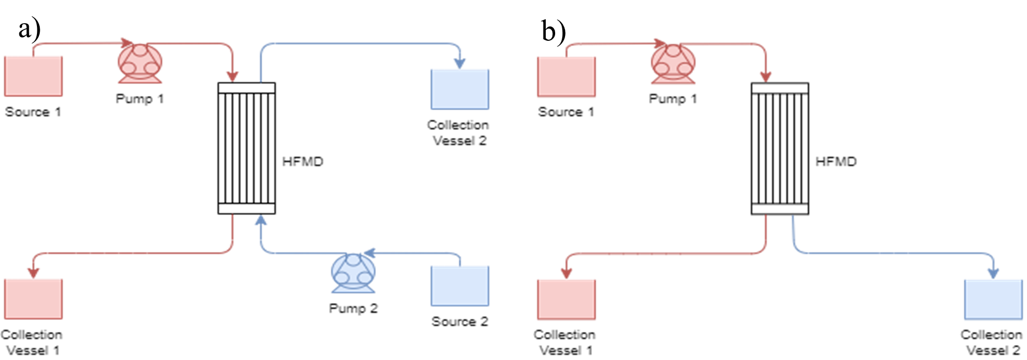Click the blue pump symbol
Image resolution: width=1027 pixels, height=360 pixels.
353,272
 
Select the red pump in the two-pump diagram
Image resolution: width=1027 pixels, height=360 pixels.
140,63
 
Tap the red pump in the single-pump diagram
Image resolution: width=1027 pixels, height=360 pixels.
673,65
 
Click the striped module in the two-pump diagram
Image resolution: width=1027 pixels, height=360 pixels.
246,148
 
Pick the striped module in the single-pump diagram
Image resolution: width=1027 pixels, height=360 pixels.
779,148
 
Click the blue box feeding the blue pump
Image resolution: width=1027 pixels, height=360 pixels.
460,285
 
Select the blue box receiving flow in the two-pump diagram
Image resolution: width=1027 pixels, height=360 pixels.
460,89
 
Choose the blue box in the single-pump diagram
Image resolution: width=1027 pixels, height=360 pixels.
993,299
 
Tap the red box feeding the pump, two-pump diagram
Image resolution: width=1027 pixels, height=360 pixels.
34,76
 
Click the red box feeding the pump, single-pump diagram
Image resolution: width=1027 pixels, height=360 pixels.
566,77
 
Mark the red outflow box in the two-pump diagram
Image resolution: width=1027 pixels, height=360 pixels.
34,299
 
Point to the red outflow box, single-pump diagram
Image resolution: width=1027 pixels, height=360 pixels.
566,299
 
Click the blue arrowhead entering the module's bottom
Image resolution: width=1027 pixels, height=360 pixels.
261,221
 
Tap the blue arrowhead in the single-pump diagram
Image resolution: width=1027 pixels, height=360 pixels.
993,273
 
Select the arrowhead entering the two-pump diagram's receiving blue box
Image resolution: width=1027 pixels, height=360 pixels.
460,63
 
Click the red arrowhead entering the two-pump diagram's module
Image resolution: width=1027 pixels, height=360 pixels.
234,76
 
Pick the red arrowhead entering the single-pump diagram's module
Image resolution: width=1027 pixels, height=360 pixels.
766,77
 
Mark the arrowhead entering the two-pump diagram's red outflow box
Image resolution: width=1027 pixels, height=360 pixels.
34,272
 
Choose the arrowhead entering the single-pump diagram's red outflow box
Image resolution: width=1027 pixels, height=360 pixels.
566,273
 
